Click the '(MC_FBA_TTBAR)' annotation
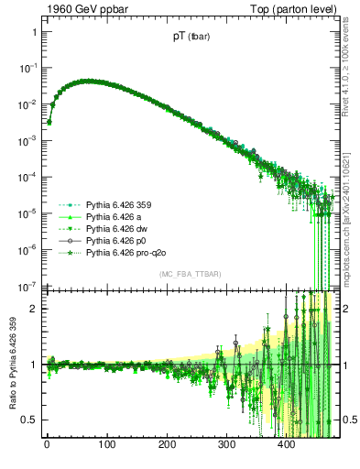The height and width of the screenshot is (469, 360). (x=189, y=275)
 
